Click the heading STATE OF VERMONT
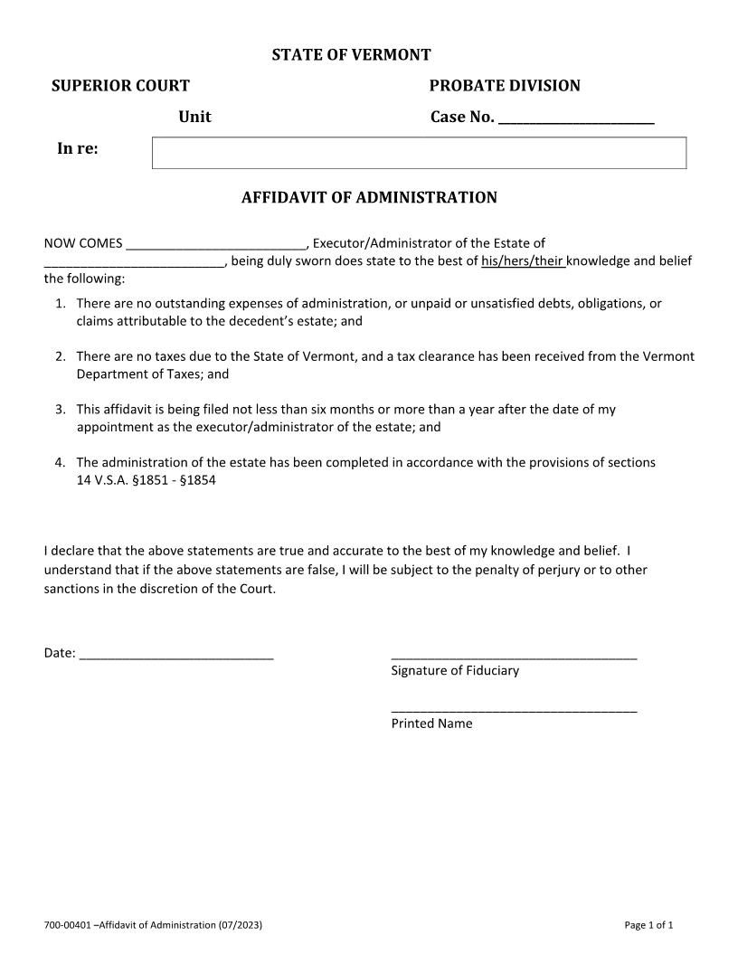click(x=351, y=55)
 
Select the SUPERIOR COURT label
click(x=120, y=86)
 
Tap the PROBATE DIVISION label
click(x=504, y=86)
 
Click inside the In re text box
click(x=419, y=153)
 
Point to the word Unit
click(x=194, y=117)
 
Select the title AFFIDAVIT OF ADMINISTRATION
click(x=369, y=197)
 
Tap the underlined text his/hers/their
click(x=523, y=261)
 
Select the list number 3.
click(x=60, y=409)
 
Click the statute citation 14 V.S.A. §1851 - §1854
click(x=146, y=480)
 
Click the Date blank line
click(x=176, y=656)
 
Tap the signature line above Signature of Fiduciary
click(x=514, y=657)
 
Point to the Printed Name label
click(x=431, y=723)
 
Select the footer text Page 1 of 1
click(x=648, y=924)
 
